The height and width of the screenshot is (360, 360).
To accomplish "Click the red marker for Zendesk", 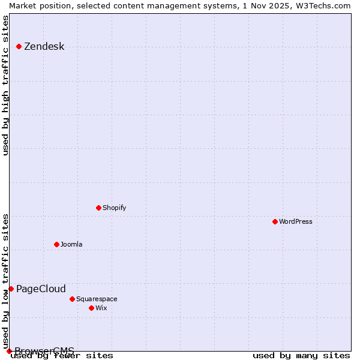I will tap(19, 46).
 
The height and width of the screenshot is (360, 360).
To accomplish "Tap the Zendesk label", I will tap(44, 47).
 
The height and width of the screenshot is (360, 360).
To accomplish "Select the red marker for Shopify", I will tap(99, 208).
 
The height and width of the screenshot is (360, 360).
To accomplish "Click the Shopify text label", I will tap(114, 208).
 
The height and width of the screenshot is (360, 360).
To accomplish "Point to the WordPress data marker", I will tap(275, 221).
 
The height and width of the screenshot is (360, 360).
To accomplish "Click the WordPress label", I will tap(295, 221).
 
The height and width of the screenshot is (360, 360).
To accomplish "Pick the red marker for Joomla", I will tap(57, 244).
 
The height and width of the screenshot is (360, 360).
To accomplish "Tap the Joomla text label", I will tap(71, 244).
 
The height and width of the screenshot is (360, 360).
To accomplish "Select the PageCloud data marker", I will tap(11, 289).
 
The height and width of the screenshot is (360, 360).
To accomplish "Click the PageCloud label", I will tap(41, 289).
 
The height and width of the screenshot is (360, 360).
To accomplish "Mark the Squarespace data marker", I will tap(73, 299).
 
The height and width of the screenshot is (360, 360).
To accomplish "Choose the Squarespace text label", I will tap(97, 299).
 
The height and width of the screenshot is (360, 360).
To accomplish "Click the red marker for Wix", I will tap(92, 308).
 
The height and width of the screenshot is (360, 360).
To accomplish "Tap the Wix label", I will tap(101, 308).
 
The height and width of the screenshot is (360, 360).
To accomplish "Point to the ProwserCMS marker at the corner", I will tap(9, 351).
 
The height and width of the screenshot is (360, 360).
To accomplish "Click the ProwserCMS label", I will tap(44, 351).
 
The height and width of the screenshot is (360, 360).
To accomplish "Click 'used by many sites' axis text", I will tap(301, 356).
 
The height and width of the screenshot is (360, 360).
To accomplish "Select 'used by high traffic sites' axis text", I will tap(6, 85).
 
